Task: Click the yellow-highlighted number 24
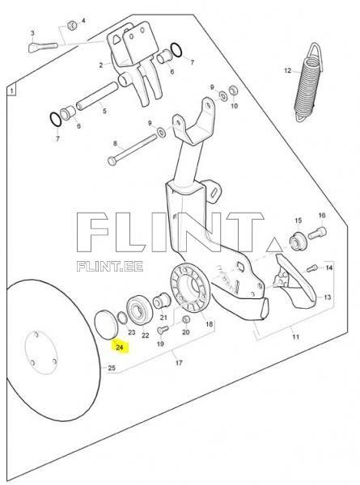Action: [120, 347]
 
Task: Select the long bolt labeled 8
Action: [133, 150]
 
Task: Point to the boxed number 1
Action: [12, 91]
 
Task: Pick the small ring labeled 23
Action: [122, 318]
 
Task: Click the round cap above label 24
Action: [107, 325]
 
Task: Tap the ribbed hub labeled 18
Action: [190, 288]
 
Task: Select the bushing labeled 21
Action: [162, 301]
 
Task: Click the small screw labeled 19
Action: [163, 329]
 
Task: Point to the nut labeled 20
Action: [186, 319]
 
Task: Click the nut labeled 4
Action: [72, 25]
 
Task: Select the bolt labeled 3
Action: [43, 48]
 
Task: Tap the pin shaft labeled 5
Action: [98, 95]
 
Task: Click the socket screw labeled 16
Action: [318, 233]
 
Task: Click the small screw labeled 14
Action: [312, 268]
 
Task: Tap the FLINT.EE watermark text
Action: [110, 266]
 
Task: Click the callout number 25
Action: [112, 368]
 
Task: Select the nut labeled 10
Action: [234, 91]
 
